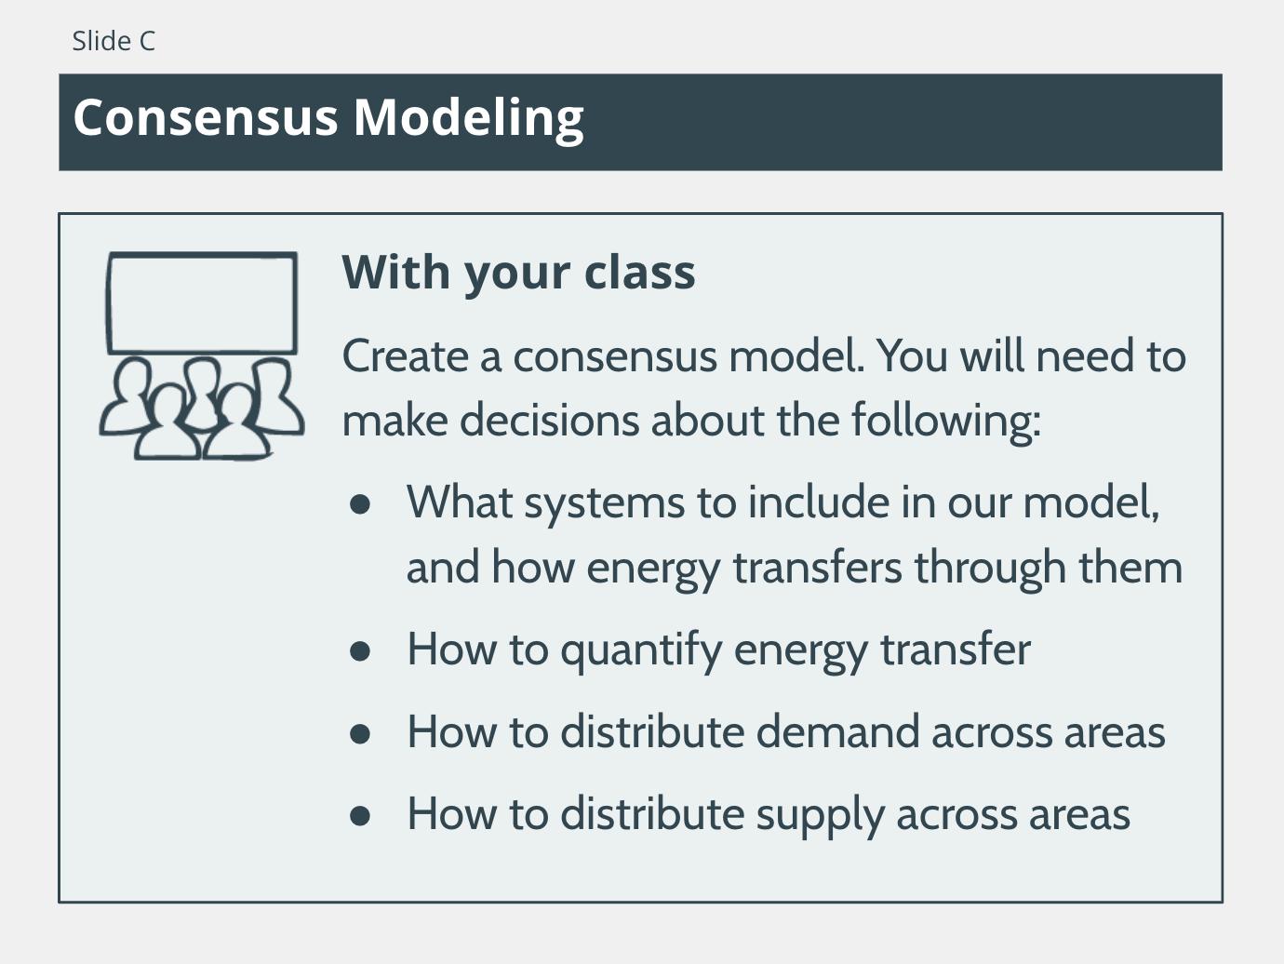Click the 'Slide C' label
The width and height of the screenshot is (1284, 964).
pos(114,41)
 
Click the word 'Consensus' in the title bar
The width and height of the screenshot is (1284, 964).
pos(206,117)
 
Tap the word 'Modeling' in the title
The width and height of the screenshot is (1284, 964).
pos(469,120)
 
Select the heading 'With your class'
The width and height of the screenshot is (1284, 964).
pos(518,274)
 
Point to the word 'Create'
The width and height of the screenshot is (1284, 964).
pos(405,356)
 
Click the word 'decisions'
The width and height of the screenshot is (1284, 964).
pos(549,420)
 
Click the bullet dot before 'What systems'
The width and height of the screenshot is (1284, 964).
pos(360,503)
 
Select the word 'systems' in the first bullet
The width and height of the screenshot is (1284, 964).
pos(604,505)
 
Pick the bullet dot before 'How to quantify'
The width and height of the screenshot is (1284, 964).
pos(360,651)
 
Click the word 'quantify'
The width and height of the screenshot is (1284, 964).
pos(641,651)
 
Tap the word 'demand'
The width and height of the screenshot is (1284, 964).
pos(837,731)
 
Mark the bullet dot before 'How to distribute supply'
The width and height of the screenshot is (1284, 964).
pos(360,816)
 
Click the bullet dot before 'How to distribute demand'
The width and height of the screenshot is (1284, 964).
pos(360,733)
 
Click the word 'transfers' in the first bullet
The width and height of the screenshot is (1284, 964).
pos(817,567)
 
